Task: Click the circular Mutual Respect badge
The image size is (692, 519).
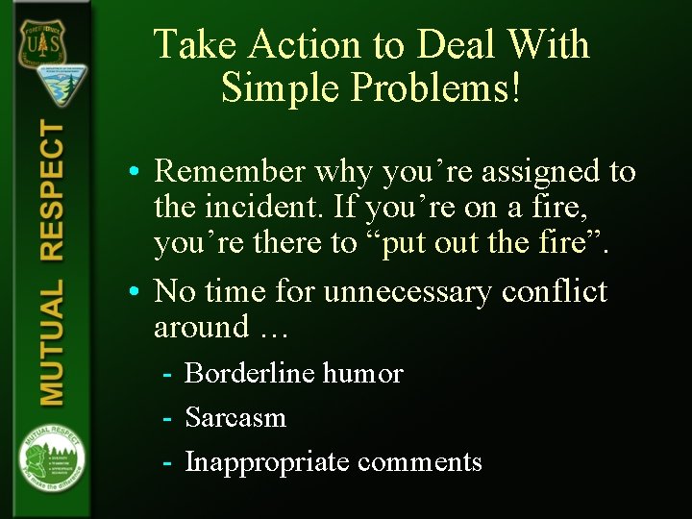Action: (x=51, y=456)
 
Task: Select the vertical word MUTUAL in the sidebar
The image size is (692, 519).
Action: (x=51, y=342)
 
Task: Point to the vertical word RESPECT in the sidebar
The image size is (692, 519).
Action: (x=51, y=192)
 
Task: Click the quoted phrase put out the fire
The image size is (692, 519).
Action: (x=493, y=244)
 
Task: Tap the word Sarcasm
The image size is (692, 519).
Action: (x=235, y=417)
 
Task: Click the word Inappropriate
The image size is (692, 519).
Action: (x=266, y=462)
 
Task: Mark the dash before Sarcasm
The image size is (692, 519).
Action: (x=167, y=418)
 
